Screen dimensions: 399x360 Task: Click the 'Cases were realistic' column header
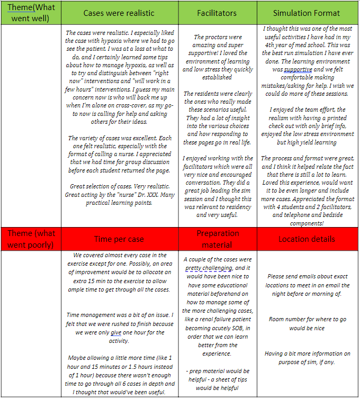point(119,13)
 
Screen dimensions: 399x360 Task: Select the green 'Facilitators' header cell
point(217,13)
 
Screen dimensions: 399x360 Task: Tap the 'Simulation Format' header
point(307,13)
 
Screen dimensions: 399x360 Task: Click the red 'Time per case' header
point(119,239)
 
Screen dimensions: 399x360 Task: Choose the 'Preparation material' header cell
point(217,239)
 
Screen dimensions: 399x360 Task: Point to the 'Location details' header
point(307,239)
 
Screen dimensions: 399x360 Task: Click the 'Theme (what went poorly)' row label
point(31,239)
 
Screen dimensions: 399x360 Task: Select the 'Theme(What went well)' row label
point(31,13)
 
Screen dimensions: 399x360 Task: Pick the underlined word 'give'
point(116,333)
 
